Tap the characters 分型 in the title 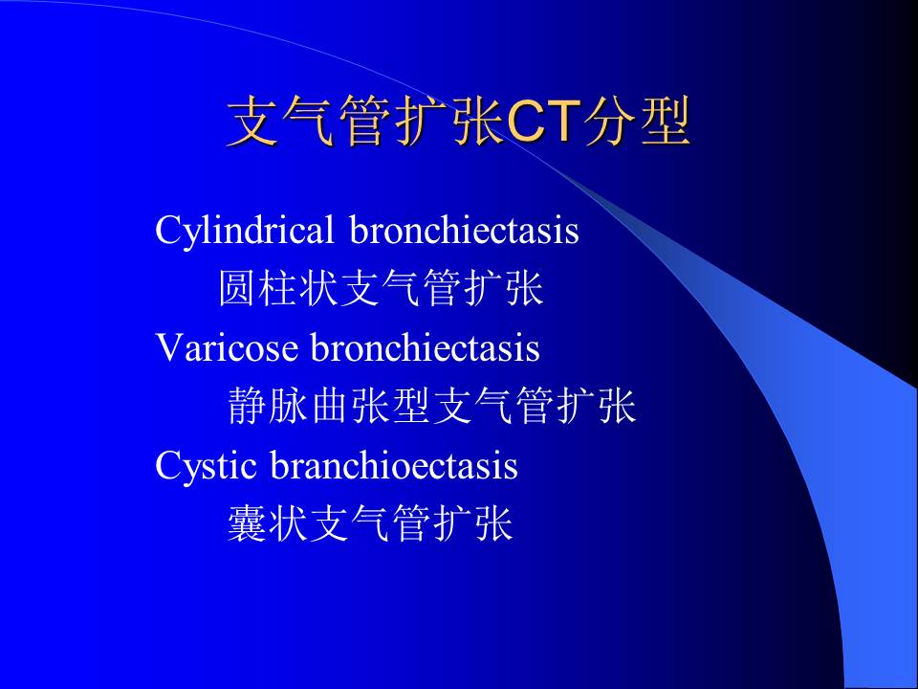[x=637, y=121]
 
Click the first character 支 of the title [x=252, y=121]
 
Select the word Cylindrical [x=244, y=231]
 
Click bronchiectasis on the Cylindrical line [x=465, y=229]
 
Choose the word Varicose [x=227, y=346]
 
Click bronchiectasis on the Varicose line [x=425, y=346]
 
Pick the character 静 [x=247, y=406]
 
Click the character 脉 [x=288, y=406]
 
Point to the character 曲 [x=331, y=406]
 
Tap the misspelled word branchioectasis [x=394, y=466]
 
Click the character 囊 [x=247, y=522]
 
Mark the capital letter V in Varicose [x=168, y=347]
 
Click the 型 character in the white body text [x=413, y=406]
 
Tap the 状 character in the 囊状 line [x=288, y=522]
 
